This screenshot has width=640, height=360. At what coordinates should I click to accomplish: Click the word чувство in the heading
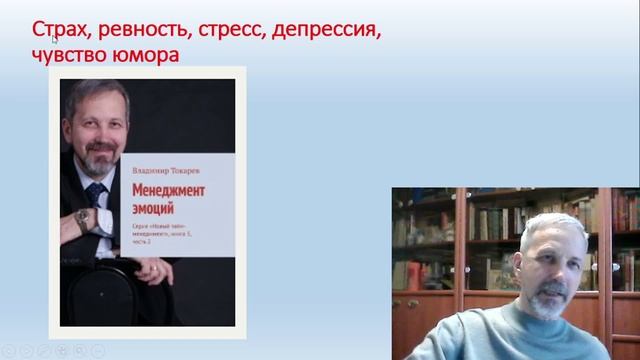(71, 55)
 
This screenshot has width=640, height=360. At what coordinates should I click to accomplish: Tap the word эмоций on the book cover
(154, 208)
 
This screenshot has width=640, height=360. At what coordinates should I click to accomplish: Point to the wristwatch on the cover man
(82, 216)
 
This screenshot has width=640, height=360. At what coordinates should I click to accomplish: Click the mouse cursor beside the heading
(53, 39)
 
